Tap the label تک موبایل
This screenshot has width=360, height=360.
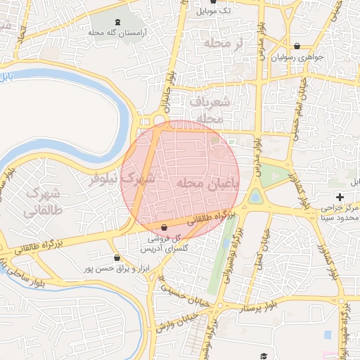coord(214,11)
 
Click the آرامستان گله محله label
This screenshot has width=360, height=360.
coord(116,32)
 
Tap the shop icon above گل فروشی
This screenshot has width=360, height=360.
coord(164,228)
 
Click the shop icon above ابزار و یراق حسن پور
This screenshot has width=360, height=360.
coord(115,258)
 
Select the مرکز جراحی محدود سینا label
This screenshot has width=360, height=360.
coord(340,213)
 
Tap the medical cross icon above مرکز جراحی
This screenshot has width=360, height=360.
coord(340,196)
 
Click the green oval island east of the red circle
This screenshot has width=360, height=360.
coord(256,196)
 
